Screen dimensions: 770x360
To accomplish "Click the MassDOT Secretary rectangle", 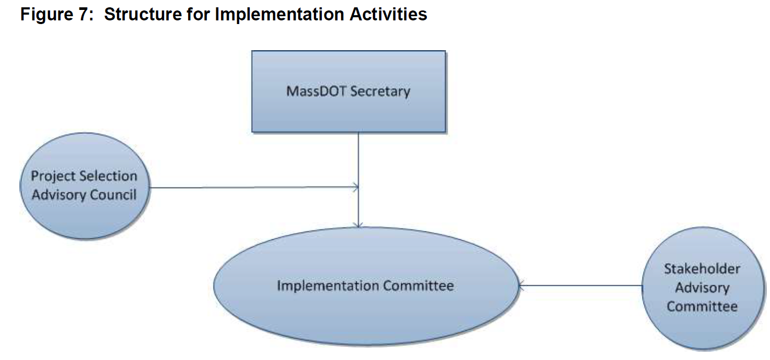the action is [348, 91].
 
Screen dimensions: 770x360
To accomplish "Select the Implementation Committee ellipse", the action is [366, 286].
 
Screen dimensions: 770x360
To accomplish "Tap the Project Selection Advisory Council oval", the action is [85, 185].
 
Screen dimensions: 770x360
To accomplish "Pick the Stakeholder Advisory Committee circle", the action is [703, 288].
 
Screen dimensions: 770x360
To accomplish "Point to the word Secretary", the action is [380, 91].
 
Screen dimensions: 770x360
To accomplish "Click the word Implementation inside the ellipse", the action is [328, 286].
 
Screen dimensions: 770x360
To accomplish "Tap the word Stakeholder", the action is [702, 269].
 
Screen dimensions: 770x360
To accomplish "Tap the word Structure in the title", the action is [143, 15].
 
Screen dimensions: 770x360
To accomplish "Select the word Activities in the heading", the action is [389, 15].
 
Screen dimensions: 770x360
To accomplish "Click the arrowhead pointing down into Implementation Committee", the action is [358, 225].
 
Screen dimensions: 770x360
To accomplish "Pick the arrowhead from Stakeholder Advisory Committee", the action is [521, 285].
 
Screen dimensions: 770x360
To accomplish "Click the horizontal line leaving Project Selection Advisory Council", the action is [254, 188].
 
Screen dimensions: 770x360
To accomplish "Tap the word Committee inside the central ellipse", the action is [418, 286].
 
